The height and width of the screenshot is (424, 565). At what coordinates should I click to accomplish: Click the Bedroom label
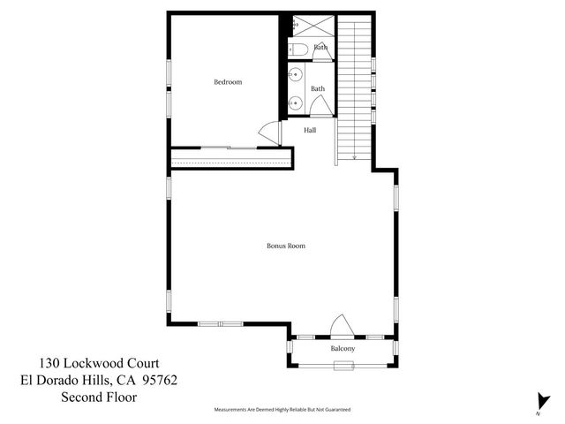(228, 82)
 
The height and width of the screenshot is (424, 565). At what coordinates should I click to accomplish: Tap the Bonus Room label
(286, 246)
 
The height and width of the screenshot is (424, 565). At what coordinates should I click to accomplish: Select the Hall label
(310, 130)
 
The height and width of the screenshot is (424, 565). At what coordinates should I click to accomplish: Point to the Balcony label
(343, 349)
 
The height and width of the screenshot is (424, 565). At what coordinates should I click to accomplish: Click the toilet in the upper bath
(298, 49)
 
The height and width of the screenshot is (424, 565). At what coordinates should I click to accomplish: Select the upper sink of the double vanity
(296, 76)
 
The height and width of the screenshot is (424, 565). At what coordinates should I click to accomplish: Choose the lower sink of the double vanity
(296, 102)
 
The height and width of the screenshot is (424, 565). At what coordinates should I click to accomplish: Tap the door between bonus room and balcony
(342, 326)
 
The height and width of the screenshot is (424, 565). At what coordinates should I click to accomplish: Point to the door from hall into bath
(321, 105)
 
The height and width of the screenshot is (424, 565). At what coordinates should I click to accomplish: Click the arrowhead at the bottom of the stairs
(354, 157)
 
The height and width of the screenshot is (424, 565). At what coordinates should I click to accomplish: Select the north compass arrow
(538, 400)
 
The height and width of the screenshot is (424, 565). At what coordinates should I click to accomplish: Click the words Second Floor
(99, 397)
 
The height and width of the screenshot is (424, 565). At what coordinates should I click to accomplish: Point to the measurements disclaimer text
(282, 410)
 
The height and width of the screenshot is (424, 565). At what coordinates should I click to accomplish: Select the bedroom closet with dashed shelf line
(231, 159)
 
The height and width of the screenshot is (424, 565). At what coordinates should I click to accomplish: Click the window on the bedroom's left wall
(169, 75)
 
